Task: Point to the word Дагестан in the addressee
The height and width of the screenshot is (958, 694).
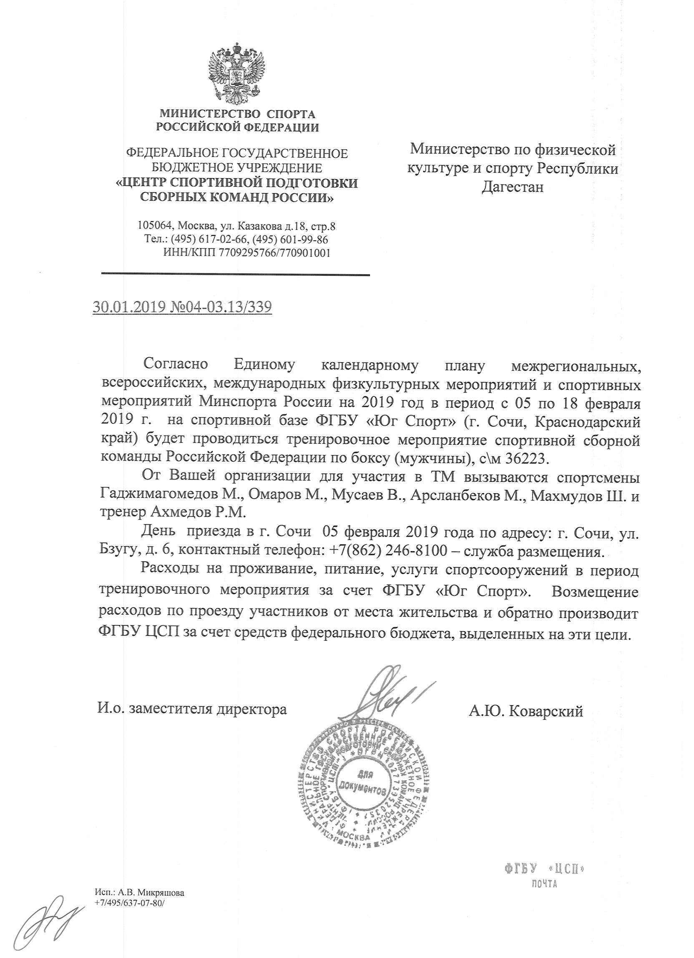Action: coord(513,187)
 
